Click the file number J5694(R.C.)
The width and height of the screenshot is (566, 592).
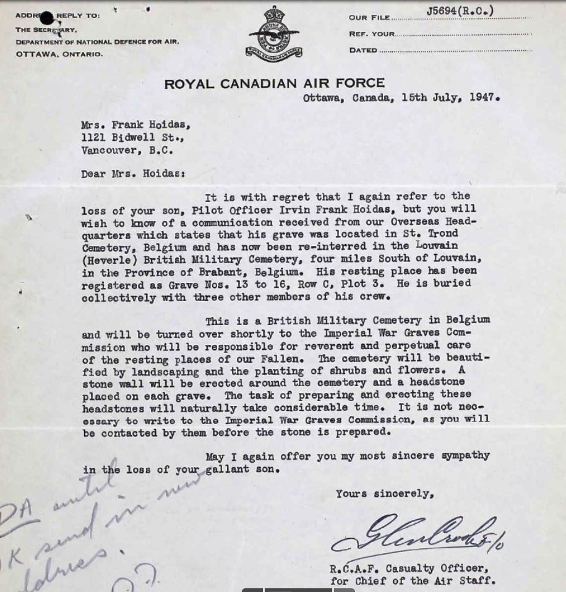point(460,11)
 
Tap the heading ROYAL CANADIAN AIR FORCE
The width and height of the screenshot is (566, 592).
point(274,83)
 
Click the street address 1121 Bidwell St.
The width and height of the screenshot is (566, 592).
point(132,137)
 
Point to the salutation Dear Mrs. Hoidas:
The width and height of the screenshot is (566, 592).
point(133,174)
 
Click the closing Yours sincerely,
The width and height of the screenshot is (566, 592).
point(385,494)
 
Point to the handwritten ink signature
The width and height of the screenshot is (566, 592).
point(421,535)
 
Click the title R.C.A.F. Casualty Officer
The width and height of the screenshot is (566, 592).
point(409,569)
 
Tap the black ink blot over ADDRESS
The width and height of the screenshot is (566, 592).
point(47,19)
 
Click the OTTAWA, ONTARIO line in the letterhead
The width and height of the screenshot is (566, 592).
point(59,54)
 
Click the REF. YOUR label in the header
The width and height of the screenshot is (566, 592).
point(371,34)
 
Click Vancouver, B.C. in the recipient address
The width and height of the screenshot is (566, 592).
point(127,150)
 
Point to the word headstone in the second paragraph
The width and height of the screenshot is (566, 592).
point(442,383)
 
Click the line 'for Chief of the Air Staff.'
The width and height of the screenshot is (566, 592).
point(413,581)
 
